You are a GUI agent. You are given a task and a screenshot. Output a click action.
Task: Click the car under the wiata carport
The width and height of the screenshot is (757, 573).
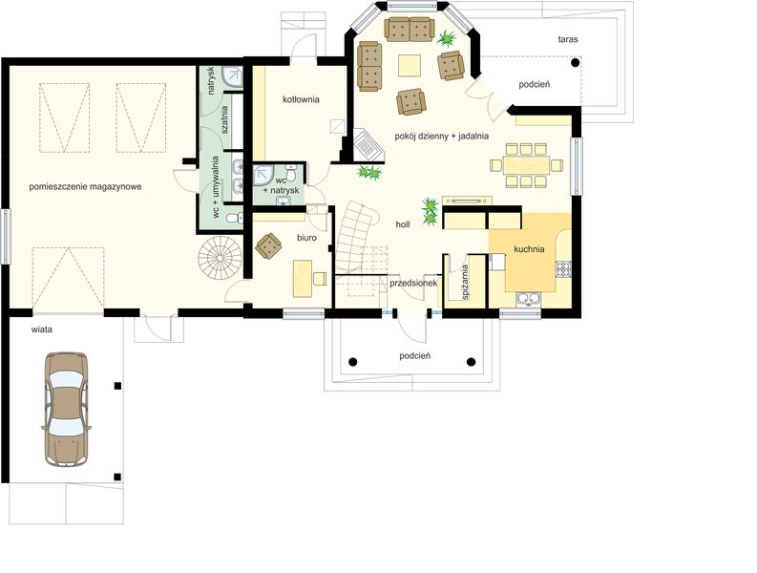pyautogui.click(x=67, y=409)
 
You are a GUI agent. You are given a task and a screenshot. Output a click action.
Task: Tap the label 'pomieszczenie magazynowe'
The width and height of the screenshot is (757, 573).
pyautogui.click(x=86, y=186)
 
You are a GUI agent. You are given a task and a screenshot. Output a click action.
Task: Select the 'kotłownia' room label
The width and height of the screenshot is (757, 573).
pyautogui.click(x=301, y=99)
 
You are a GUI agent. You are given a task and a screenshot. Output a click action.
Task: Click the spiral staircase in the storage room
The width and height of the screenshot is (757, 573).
pyautogui.click(x=219, y=258)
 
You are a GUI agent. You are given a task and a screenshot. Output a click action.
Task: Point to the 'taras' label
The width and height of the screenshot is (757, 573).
pyautogui.click(x=568, y=39)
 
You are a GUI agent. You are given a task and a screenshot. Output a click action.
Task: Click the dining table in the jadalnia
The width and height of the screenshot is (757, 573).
pyautogui.click(x=526, y=165)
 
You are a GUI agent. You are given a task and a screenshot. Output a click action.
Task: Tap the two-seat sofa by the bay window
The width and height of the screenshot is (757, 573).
pyautogui.click(x=409, y=29)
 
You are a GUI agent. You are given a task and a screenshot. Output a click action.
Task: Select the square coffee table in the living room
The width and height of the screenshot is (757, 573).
pyautogui.click(x=409, y=66)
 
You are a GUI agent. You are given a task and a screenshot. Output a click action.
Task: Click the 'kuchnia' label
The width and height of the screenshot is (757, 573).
pyautogui.click(x=529, y=249)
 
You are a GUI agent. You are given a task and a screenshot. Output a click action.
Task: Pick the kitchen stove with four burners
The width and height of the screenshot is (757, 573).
pyautogui.click(x=563, y=269)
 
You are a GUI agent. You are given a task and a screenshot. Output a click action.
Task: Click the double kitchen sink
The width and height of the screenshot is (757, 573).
pyautogui.click(x=529, y=300)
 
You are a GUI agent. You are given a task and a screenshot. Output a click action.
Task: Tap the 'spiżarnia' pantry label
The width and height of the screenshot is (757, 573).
pyautogui.click(x=465, y=282)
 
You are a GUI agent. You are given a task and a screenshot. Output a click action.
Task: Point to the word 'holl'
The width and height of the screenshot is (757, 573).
pyautogui.click(x=403, y=224)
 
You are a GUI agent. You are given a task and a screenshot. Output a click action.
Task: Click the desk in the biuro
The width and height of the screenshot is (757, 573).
pyautogui.click(x=303, y=278)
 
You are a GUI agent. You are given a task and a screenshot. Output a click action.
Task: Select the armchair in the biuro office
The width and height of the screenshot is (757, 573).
pyautogui.click(x=268, y=245)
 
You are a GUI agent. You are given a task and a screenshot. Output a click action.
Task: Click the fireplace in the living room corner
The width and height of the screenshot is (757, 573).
pyautogui.click(x=368, y=145)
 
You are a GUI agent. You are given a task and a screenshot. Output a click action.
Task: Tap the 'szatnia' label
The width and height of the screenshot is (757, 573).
pyautogui.click(x=224, y=119)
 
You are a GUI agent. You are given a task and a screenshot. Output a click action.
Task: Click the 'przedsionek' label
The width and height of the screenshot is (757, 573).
pyautogui.click(x=413, y=283)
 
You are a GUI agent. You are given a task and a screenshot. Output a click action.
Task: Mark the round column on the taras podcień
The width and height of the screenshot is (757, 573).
pyautogui.click(x=575, y=62)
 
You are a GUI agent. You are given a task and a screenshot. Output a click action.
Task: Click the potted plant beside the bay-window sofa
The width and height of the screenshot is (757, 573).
pyautogui.click(x=447, y=38)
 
